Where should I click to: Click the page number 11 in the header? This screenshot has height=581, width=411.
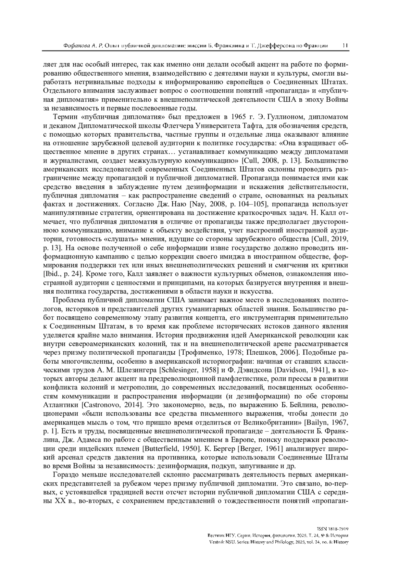click(x=345, y=46)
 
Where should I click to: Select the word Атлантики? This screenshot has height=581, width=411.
click(x=61, y=405)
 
